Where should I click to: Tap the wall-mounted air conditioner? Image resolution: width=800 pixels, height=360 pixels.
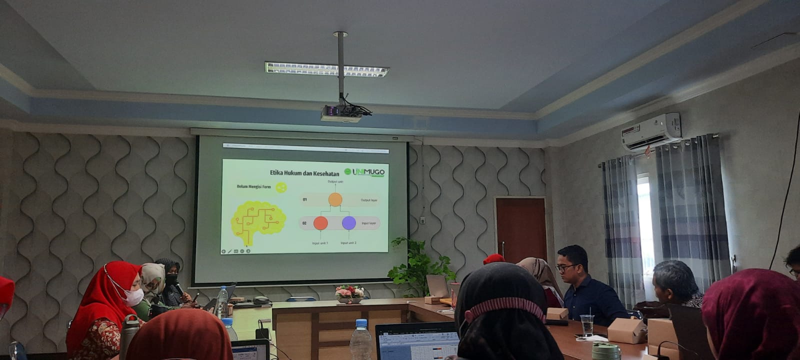[x=651, y=131]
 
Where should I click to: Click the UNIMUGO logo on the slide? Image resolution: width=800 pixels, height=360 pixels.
[x=365, y=172]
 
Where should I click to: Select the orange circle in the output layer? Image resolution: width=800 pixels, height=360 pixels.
[x=335, y=199]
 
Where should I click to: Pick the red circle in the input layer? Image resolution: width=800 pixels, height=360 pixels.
[x=320, y=223]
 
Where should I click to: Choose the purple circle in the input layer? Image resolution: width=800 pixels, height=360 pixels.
[x=349, y=223]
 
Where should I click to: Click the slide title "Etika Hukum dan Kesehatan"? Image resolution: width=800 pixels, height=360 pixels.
[x=304, y=173]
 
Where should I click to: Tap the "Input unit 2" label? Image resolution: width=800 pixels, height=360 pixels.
[x=348, y=243]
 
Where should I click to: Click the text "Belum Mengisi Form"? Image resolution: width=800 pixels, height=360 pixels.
[x=254, y=187]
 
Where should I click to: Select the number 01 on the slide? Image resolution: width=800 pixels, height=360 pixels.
[x=304, y=199]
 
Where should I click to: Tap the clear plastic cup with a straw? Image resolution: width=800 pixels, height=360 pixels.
[x=587, y=325]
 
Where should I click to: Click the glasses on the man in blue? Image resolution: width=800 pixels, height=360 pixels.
[x=566, y=268]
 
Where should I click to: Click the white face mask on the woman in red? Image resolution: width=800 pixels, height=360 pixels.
[x=133, y=296]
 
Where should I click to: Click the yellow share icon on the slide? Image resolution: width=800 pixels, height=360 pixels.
[x=281, y=187]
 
